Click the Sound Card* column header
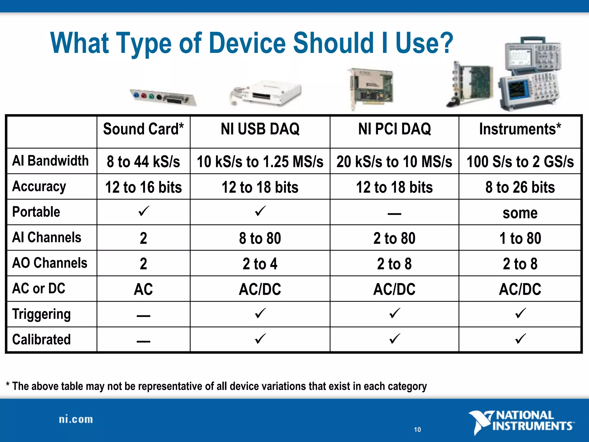[x=143, y=129]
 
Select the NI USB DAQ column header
[x=260, y=129]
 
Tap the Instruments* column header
[x=520, y=129]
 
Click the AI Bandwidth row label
[x=50, y=161]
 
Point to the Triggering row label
[x=41, y=314]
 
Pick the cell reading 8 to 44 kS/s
[x=143, y=161]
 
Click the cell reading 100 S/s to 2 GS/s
[x=520, y=161]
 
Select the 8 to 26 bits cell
[x=520, y=187]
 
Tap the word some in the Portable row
[x=520, y=213]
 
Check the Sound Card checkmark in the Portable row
[x=143, y=211]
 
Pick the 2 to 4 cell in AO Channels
[x=260, y=264]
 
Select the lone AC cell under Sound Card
[x=143, y=289]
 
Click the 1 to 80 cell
[x=520, y=238]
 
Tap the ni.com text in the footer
[x=76, y=420]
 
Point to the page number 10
[x=417, y=430]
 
